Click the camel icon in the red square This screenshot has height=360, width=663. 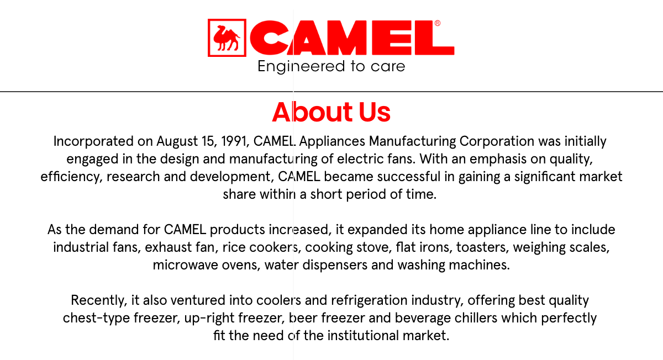(x=227, y=38)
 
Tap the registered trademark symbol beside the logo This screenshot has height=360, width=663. (x=438, y=23)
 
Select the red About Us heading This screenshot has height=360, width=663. (x=331, y=112)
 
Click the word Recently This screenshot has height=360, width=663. (x=99, y=300)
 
